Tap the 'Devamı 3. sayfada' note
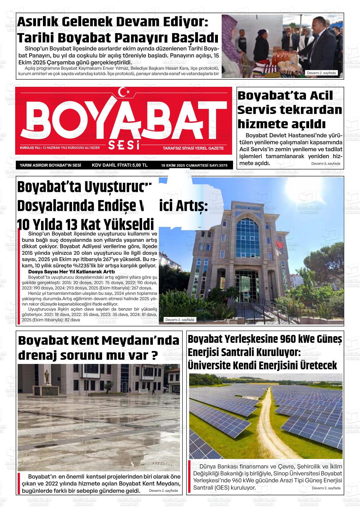(326, 164)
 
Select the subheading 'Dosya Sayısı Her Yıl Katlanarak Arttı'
(71, 271)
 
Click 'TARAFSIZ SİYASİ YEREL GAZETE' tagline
(193, 148)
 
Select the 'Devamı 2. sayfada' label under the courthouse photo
(180, 320)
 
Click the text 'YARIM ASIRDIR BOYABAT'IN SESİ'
(51, 165)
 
